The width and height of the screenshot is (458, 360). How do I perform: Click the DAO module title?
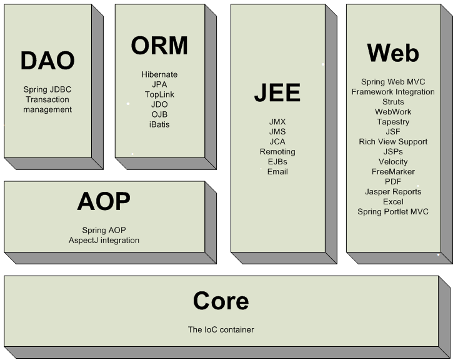click(x=47, y=61)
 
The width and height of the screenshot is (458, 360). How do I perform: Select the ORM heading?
click(x=159, y=46)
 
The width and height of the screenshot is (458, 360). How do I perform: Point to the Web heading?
click(x=393, y=52)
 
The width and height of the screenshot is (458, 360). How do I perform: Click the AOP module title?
click(x=104, y=202)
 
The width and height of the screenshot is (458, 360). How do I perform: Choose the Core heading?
click(x=221, y=301)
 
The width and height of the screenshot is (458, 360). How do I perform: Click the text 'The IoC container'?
click(x=221, y=329)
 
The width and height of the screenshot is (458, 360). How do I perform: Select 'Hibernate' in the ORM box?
click(x=159, y=74)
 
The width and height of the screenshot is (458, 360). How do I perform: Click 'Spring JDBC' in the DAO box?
click(x=47, y=89)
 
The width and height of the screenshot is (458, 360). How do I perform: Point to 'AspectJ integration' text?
click(x=104, y=240)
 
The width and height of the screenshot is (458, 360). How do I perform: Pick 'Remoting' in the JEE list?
click(x=277, y=152)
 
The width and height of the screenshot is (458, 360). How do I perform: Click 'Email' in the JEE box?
click(x=277, y=172)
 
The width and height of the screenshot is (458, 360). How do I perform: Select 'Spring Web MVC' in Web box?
click(x=393, y=82)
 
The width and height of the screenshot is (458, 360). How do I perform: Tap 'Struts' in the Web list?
click(x=393, y=102)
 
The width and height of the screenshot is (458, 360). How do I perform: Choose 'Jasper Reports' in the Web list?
click(x=393, y=192)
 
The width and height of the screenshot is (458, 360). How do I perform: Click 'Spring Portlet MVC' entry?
click(x=393, y=212)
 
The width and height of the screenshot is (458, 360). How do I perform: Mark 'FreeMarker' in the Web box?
click(x=393, y=172)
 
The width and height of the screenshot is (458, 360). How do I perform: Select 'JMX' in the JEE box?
click(x=277, y=122)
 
